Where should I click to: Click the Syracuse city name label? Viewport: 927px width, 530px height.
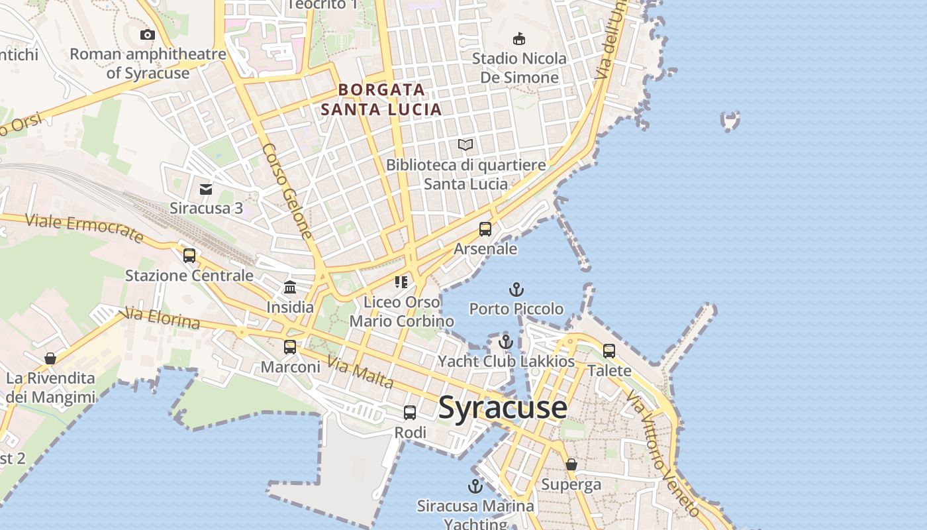pyautogui.click(x=503, y=407)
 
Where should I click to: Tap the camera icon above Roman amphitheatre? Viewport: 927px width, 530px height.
pyautogui.click(x=147, y=34)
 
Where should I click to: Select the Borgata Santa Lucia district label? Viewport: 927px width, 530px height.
pyautogui.click(x=381, y=99)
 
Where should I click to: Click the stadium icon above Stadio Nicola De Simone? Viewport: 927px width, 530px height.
pyautogui.click(x=519, y=39)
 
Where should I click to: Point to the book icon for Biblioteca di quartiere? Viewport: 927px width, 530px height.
pyautogui.click(x=465, y=144)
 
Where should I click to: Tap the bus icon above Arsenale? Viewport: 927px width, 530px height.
pyautogui.click(x=485, y=229)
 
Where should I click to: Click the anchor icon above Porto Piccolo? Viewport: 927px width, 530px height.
pyautogui.click(x=516, y=290)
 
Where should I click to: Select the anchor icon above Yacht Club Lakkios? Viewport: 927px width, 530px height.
pyautogui.click(x=506, y=342)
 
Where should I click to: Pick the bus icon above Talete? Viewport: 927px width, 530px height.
pyautogui.click(x=609, y=350)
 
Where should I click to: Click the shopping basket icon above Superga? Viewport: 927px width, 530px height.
pyautogui.click(x=571, y=464)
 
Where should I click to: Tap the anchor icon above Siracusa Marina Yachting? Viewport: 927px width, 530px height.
pyautogui.click(x=475, y=487)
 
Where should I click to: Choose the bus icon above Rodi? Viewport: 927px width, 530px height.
pyautogui.click(x=410, y=413)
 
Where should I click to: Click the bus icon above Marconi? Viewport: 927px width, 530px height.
pyautogui.click(x=290, y=346)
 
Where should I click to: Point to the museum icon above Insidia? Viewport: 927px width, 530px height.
pyautogui.click(x=290, y=287)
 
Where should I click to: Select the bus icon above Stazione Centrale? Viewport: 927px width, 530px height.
pyautogui.click(x=189, y=255)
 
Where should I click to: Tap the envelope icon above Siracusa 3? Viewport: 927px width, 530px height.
pyautogui.click(x=206, y=189)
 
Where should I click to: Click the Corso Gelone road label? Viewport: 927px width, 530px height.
pyautogui.click(x=287, y=191)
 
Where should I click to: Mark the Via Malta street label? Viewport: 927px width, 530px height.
pyautogui.click(x=360, y=372)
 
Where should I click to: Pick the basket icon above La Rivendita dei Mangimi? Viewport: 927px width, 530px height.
pyautogui.click(x=50, y=358)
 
